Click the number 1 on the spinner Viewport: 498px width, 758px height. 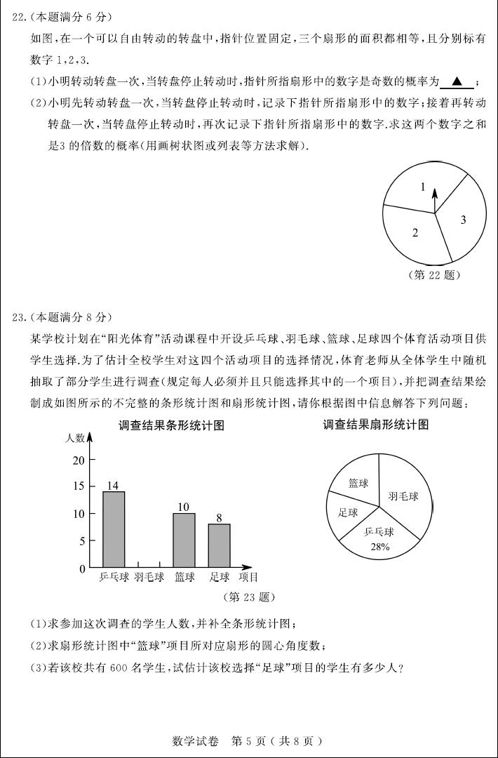click(x=423, y=187)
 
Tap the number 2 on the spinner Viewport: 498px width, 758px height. click(x=415, y=233)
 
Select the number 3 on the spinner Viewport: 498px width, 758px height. click(x=463, y=220)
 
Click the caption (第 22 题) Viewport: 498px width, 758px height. click(x=433, y=275)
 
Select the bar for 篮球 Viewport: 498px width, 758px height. click(x=184, y=540)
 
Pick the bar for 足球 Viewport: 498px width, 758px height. click(x=219, y=545)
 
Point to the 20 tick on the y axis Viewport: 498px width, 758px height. click(x=78, y=460)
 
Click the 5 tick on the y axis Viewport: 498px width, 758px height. click(x=81, y=541)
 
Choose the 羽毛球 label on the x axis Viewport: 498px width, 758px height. click(x=149, y=578)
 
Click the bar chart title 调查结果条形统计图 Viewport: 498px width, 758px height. click(x=171, y=425)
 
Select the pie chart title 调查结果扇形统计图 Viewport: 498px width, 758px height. click(x=375, y=425)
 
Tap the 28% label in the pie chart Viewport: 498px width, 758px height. click(x=380, y=547)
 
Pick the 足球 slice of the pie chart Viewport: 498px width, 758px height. click(x=347, y=512)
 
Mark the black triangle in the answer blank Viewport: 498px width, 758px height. click(x=457, y=82)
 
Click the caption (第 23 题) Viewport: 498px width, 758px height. click(x=248, y=597)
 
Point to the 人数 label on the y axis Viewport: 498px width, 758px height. click(x=75, y=438)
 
